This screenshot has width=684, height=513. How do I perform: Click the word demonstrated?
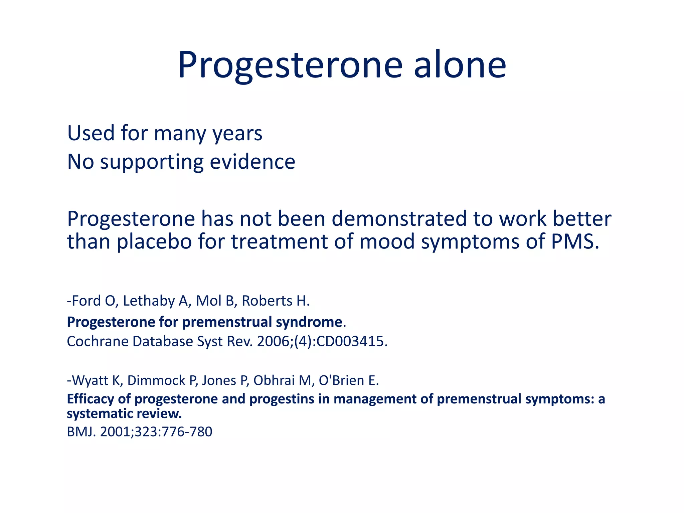[399, 219]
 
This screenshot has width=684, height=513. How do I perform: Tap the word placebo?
[154, 241]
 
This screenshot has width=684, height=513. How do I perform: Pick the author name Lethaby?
[149, 301]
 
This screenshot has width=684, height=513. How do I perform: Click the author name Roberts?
[267, 301]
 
